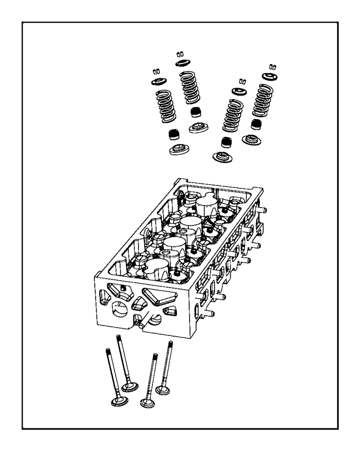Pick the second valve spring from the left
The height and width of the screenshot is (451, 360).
[x=190, y=88]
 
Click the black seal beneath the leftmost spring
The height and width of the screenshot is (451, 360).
[x=174, y=134]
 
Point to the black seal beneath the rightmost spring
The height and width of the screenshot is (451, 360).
[x=257, y=124]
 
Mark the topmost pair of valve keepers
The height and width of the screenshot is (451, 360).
[x=181, y=54]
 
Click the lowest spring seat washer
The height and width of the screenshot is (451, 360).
[x=221, y=157]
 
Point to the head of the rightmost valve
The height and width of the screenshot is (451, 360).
[x=163, y=389]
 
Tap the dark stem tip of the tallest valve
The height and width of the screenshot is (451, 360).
[x=118, y=338]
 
